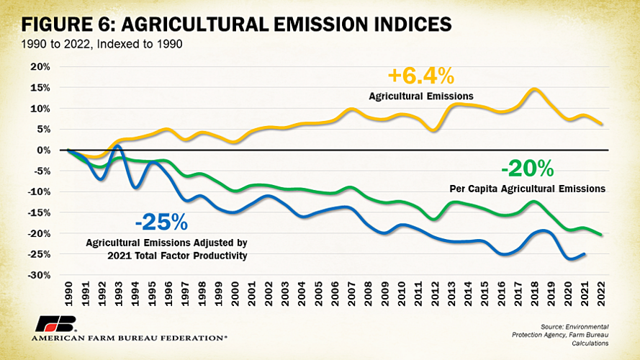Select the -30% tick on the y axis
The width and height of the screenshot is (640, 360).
click(x=37, y=276)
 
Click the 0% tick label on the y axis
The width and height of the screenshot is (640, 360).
click(x=42, y=150)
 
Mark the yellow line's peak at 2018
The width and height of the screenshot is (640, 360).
click(x=534, y=89)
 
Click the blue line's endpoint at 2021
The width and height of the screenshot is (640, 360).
click(x=585, y=253)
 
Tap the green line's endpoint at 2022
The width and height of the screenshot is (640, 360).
click(x=602, y=234)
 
